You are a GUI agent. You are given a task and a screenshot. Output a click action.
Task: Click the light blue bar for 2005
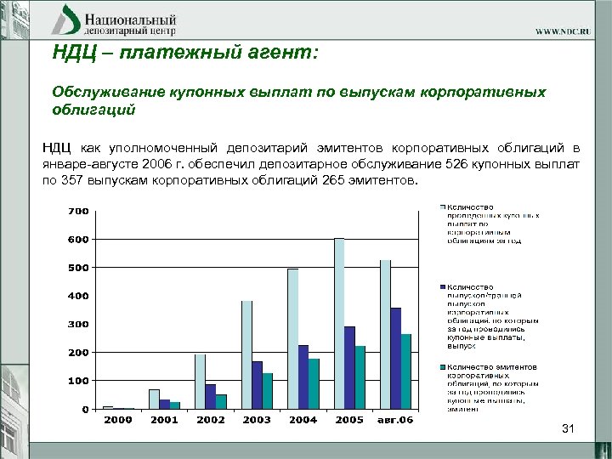click(x=339, y=324)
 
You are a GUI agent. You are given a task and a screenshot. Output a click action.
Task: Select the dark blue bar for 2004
click(x=303, y=377)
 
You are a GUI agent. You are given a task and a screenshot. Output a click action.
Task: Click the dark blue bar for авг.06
click(x=395, y=358)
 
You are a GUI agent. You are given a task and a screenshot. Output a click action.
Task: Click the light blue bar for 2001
click(x=154, y=399)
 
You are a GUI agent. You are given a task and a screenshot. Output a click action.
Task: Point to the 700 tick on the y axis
click(x=78, y=210)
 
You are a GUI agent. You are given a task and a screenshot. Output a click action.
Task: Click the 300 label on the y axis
click(x=78, y=324)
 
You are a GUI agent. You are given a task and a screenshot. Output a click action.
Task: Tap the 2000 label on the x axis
click(x=118, y=420)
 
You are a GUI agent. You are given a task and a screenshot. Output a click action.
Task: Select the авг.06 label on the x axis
click(x=395, y=420)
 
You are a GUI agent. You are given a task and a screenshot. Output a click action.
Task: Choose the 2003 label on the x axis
click(x=257, y=420)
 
